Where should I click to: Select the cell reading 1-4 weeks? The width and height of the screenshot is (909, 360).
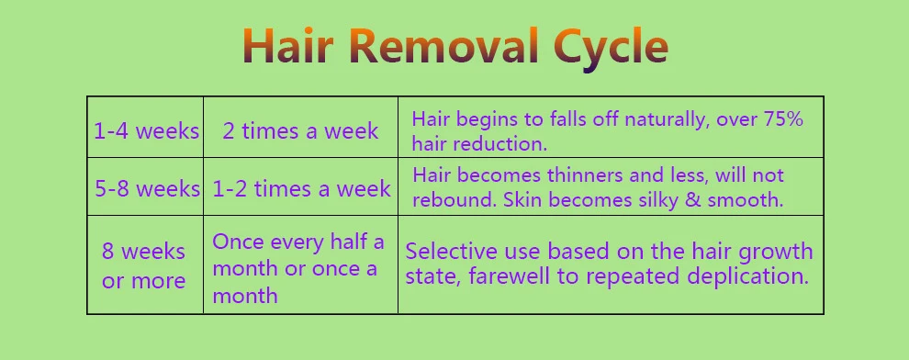tap(146, 131)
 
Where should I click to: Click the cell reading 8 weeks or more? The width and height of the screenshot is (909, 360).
tap(143, 265)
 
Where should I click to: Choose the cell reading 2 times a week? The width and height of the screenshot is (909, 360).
tap(300, 131)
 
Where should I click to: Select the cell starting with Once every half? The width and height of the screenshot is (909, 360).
tap(298, 268)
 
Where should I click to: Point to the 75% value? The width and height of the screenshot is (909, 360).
tap(780, 119)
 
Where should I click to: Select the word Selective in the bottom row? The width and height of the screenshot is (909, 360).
tap(450, 252)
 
